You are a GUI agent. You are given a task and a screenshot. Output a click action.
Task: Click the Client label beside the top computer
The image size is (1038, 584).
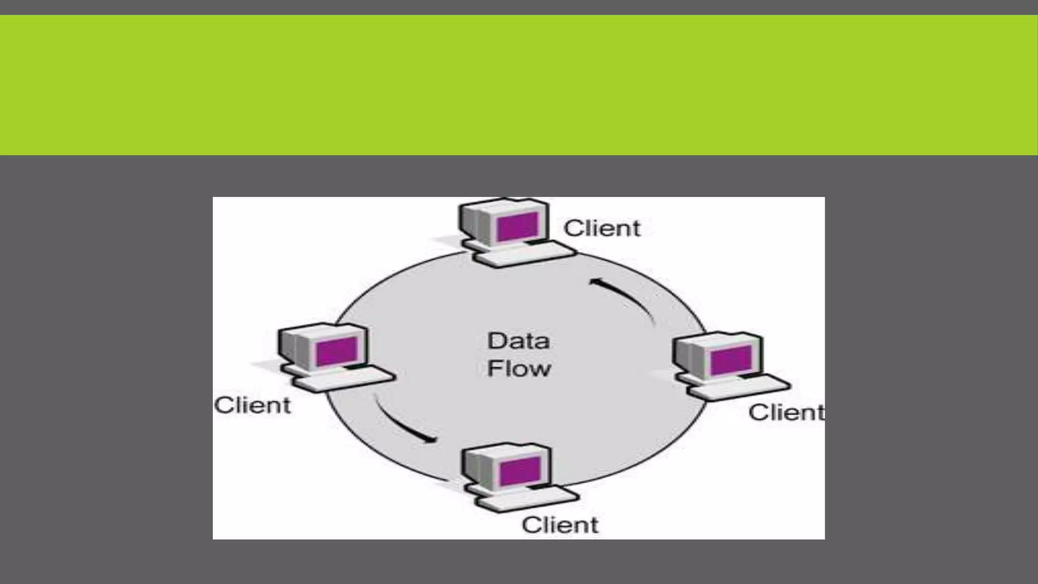click(x=602, y=229)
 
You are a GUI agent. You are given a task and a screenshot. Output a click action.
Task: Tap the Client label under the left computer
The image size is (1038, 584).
click(x=252, y=406)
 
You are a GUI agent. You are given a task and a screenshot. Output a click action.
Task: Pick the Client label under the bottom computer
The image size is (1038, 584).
click(x=560, y=525)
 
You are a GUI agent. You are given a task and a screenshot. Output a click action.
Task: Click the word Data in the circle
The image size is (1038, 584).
click(x=518, y=341)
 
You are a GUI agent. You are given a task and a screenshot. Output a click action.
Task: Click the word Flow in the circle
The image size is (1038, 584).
click(x=518, y=369)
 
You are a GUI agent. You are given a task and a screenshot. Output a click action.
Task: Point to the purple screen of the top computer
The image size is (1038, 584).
click(x=517, y=227)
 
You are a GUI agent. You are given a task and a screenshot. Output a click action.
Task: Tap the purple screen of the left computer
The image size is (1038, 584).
click(x=337, y=351)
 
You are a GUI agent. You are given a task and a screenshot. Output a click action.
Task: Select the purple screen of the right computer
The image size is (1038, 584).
click(x=731, y=360)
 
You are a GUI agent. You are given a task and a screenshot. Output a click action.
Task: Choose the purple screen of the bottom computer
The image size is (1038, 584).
click(x=520, y=470)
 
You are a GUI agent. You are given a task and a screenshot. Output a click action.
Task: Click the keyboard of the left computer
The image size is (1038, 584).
click(x=345, y=380)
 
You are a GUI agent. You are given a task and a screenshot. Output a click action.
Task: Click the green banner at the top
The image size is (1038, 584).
click(x=519, y=85)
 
